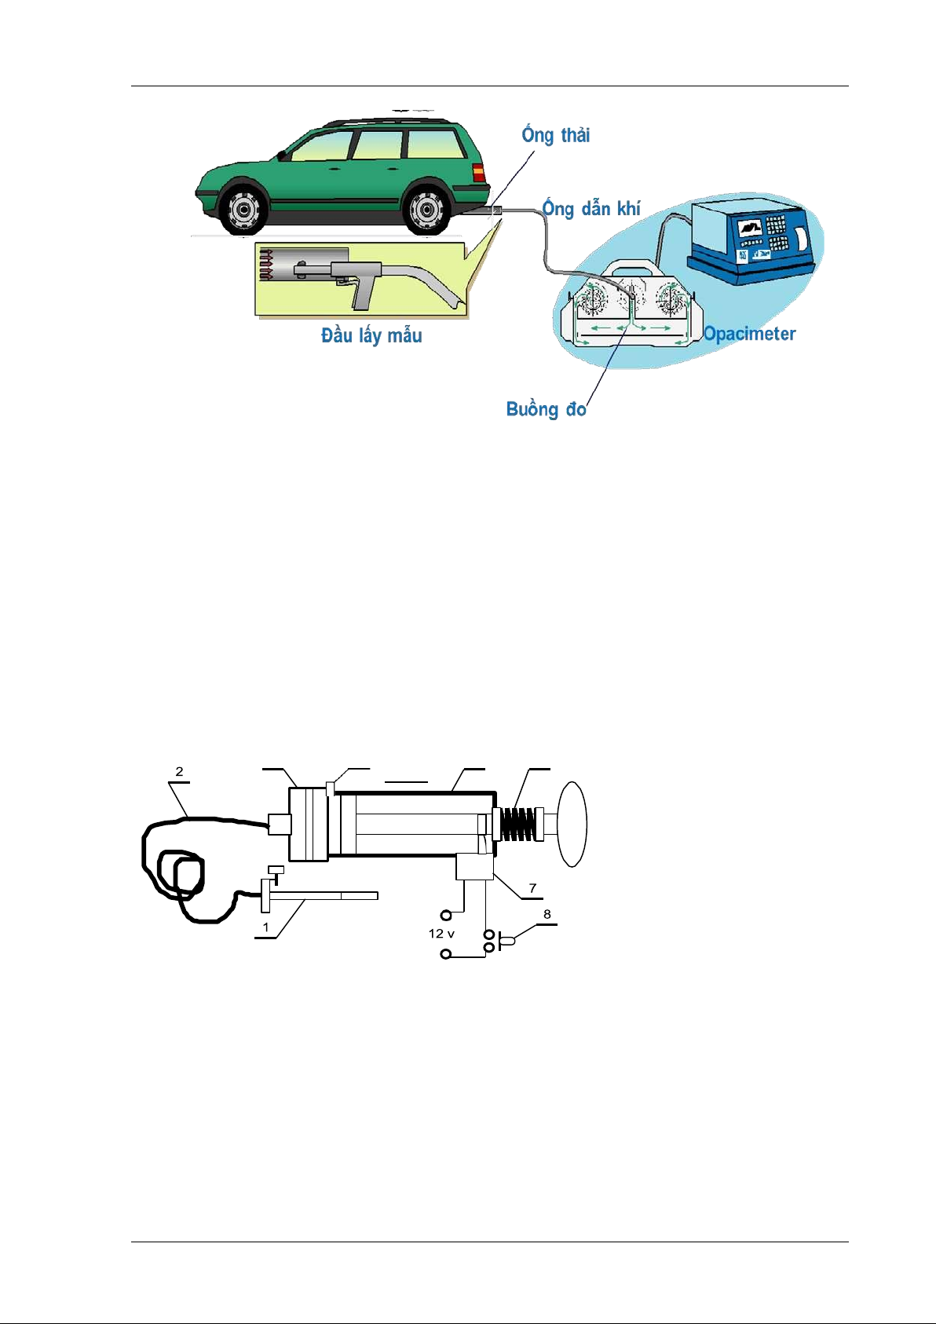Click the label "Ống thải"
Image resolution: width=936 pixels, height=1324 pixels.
555,135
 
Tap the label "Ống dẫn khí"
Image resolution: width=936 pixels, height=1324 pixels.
591,209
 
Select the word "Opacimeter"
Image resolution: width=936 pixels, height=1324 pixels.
749,334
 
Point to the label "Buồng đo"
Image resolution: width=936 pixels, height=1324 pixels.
546,409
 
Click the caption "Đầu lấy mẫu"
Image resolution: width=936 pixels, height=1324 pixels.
371,335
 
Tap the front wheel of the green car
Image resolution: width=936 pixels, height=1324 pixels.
243,209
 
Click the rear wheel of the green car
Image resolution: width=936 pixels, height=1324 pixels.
426,209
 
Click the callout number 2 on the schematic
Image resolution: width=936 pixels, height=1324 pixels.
179,771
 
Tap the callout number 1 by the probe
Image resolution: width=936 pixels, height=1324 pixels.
266,927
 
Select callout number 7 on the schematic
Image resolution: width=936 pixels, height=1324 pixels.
532,888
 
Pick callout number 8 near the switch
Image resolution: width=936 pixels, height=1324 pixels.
547,914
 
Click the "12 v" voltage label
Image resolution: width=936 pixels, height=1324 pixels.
441,934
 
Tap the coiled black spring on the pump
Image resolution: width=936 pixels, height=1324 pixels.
517,825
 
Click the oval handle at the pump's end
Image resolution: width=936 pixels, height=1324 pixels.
572,824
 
